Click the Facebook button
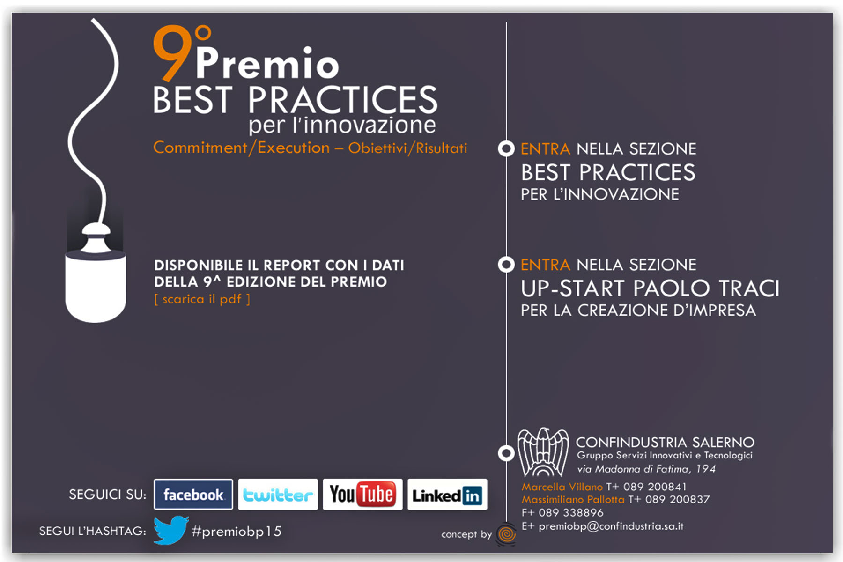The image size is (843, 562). tap(193, 494)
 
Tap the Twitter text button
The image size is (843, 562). tap(278, 494)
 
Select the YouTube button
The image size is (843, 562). tap(362, 494)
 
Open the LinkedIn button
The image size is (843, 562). tap(447, 494)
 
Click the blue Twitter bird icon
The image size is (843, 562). tap(171, 530)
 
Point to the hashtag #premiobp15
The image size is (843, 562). tap(237, 531)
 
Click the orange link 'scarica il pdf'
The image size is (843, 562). tap(202, 299)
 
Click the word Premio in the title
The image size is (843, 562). tap(267, 62)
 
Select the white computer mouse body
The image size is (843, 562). tap(96, 286)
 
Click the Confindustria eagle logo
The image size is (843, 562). tap(543, 452)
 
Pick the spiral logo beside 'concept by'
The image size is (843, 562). tap(506, 534)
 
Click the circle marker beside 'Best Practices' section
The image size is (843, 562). tap(506, 149)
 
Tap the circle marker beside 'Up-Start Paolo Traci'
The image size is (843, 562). tap(506, 265)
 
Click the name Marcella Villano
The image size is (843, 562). tap(562, 487)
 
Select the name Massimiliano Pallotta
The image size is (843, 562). tap(573, 500)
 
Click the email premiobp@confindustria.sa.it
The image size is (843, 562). tap(611, 526)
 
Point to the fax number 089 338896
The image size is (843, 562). tap(571, 512)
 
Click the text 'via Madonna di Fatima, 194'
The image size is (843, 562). tap(646, 469)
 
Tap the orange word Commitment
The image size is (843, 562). tap(200, 148)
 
